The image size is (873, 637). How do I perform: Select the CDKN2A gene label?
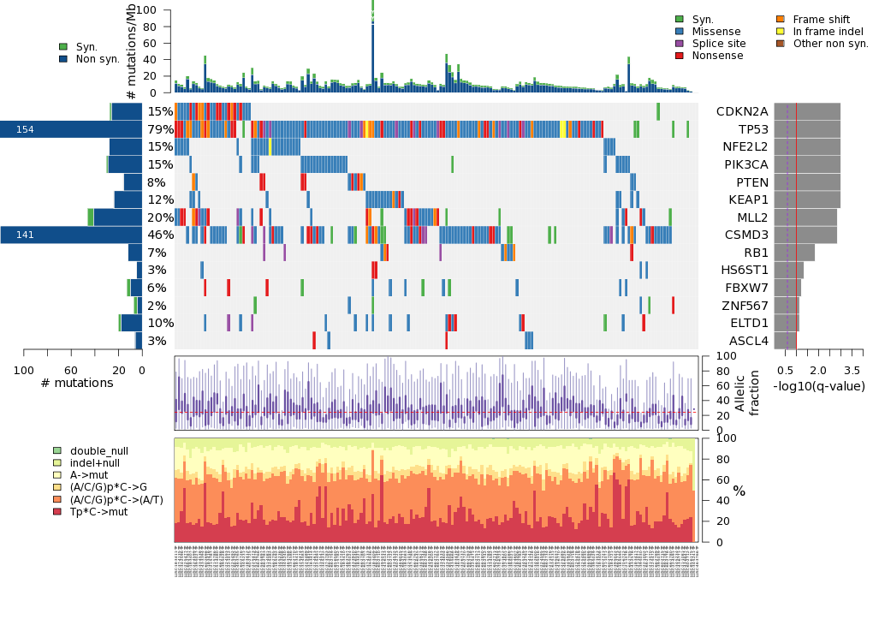pos(742,111)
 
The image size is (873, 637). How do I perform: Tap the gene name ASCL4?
pos(747,341)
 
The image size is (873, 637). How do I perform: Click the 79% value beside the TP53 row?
pos(160,129)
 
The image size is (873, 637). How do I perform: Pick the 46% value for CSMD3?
pos(160,235)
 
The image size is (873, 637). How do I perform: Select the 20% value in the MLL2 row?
pos(160,217)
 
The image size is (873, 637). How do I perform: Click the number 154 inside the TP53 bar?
pos(25,129)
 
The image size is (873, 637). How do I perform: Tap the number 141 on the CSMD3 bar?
pos(25,235)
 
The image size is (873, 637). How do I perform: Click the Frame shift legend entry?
pos(821,19)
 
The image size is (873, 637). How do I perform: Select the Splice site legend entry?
pos(719,44)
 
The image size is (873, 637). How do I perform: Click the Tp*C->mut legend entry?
pos(98,511)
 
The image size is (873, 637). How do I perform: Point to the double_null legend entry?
pos(98,451)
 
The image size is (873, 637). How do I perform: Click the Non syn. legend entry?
pos(98,59)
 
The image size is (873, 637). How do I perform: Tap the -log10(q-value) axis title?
pos(819,386)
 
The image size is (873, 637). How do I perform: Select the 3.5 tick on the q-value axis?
pos(852,370)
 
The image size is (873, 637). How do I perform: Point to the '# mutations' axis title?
pos(77,383)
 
